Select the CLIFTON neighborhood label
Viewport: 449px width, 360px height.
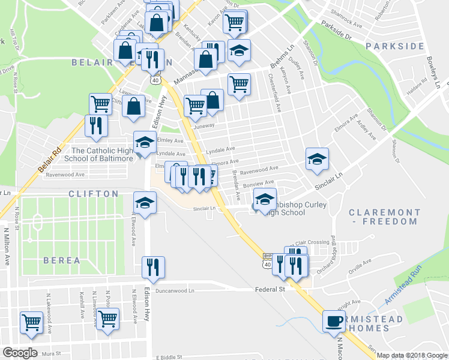(93, 194)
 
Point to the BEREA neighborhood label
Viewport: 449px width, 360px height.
(61, 260)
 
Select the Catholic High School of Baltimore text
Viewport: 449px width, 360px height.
(103, 154)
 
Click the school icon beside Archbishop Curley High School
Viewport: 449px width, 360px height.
(265, 200)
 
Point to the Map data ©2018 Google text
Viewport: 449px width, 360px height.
(412, 355)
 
